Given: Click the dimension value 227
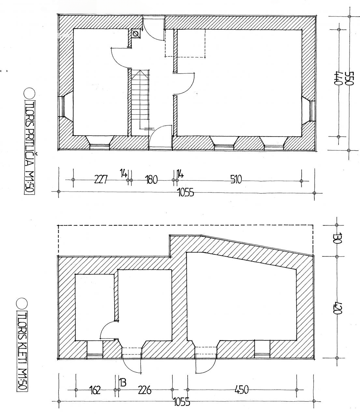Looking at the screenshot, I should click(x=101, y=180).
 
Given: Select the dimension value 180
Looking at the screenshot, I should click(x=151, y=180).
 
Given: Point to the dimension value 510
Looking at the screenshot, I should click(x=236, y=179).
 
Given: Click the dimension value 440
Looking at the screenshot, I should click(x=338, y=78).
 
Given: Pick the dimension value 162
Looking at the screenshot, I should click(x=94, y=390).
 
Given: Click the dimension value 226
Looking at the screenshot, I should click(x=144, y=390).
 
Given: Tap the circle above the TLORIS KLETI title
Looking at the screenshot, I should click(x=22, y=303).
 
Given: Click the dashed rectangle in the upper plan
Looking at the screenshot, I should click(x=185, y=43).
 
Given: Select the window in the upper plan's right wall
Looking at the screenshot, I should click(x=312, y=110).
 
